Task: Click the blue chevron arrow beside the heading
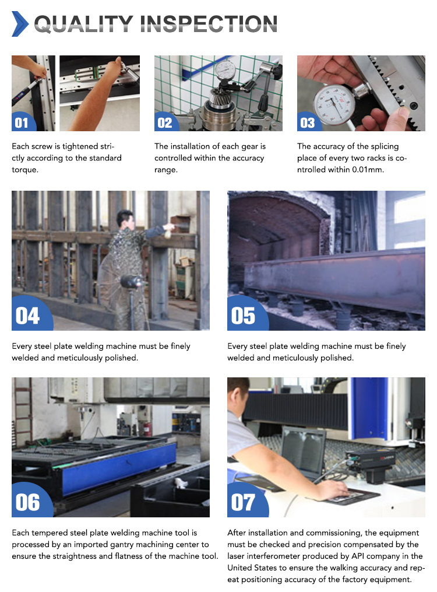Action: (x=20, y=23)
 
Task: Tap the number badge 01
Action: (x=22, y=122)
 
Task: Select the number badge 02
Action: (x=165, y=122)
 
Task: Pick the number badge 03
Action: (x=307, y=122)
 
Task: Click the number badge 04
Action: (x=27, y=316)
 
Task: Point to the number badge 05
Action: (x=243, y=316)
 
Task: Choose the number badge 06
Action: (x=27, y=502)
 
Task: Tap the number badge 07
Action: (x=243, y=502)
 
